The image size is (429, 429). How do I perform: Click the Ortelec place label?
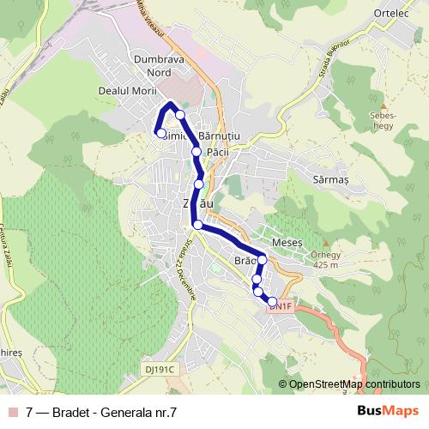point(392,14)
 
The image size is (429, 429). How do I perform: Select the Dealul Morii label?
point(126,90)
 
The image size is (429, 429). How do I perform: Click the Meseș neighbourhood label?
point(287,243)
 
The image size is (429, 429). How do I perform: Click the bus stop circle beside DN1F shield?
point(272,302)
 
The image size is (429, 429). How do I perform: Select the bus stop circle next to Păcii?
point(196,152)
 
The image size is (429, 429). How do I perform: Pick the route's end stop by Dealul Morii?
point(160,133)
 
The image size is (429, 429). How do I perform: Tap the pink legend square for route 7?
point(11,412)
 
